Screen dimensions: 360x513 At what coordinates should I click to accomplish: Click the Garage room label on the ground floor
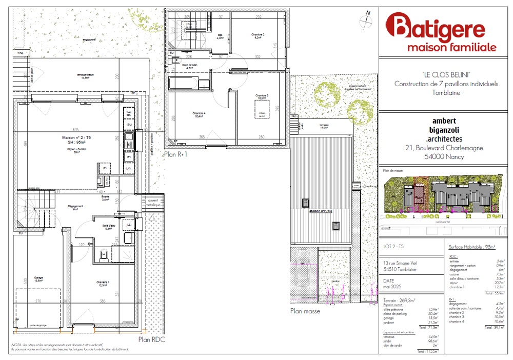[x=38, y=279]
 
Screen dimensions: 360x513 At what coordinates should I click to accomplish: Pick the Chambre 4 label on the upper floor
[x=200, y=115]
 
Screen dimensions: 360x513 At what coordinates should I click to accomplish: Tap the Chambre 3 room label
[x=262, y=97]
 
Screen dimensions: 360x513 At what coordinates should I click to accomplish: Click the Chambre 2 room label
[x=258, y=35]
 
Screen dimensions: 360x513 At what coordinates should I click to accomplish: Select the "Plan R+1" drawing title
[x=175, y=153]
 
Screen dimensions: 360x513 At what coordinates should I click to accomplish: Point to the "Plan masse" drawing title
[x=305, y=311]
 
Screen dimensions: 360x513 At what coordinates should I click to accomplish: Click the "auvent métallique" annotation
[x=154, y=203]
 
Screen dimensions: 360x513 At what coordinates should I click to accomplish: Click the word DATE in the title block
[x=389, y=281]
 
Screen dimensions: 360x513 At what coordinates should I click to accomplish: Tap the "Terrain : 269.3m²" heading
[x=399, y=300]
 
